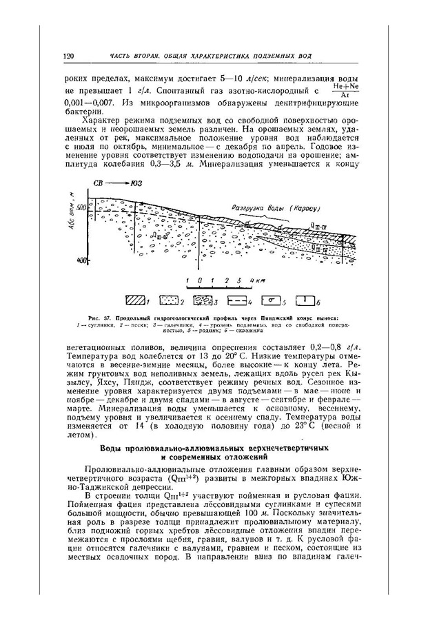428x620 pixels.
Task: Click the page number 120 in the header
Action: click(68, 55)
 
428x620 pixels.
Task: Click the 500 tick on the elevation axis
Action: click(81, 207)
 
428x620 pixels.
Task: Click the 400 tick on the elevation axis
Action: click(81, 260)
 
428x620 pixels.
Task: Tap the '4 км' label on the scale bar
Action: click(256, 280)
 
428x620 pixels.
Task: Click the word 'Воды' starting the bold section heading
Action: click(112, 448)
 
